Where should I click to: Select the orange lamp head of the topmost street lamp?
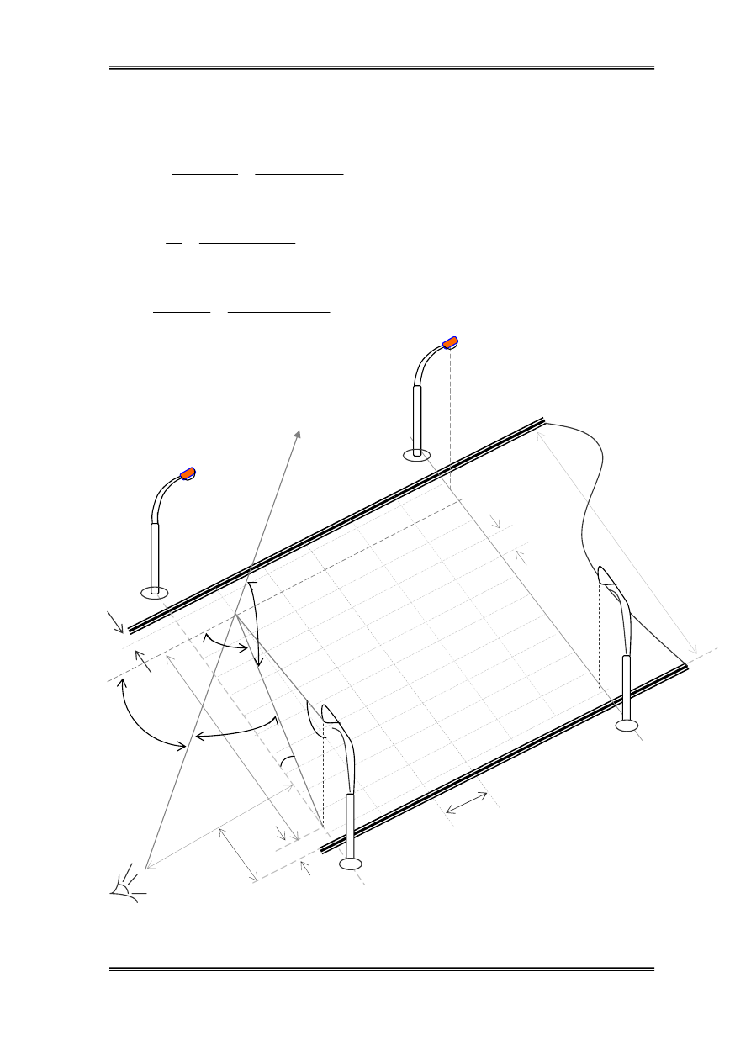451,342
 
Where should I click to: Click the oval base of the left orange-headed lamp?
155,593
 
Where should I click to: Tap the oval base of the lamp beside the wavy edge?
627,726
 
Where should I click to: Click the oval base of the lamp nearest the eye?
350,864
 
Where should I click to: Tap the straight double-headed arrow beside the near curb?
466,803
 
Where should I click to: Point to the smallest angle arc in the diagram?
287,760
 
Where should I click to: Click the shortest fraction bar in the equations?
174,242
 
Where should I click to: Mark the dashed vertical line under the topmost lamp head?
450,420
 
